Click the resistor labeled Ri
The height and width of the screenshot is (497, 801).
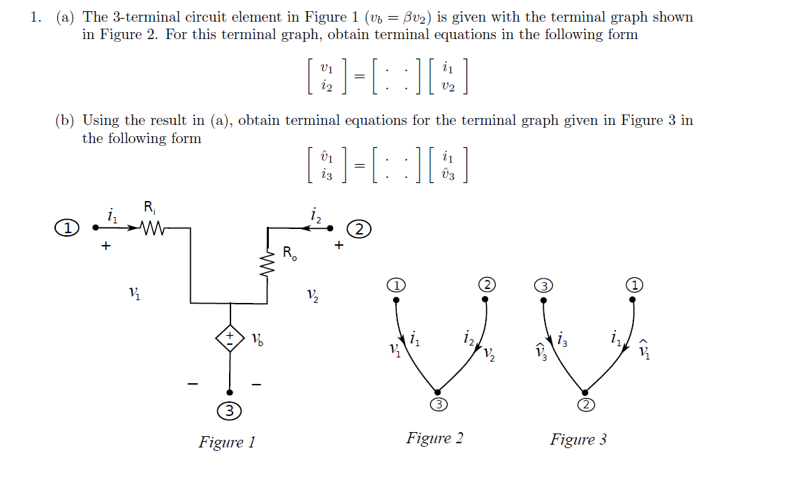(x=152, y=228)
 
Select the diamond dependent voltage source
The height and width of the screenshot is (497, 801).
(x=230, y=339)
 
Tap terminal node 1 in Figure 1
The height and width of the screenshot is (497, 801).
(x=67, y=228)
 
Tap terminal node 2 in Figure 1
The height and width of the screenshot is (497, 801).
(x=359, y=228)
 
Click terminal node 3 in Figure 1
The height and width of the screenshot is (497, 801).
(x=229, y=411)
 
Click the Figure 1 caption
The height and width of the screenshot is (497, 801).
(x=227, y=442)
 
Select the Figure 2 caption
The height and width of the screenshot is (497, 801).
(x=434, y=438)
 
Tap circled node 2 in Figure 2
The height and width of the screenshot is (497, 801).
(x=487, y=284)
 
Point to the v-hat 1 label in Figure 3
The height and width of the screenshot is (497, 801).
(x=645, y=350)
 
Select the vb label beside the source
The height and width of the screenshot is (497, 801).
(x=257, y=340)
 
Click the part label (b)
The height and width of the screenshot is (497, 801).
(x=65, y=121)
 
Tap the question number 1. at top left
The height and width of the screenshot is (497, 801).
(x=36, y=17)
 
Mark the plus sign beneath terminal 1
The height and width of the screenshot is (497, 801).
(x=105, y=246)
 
